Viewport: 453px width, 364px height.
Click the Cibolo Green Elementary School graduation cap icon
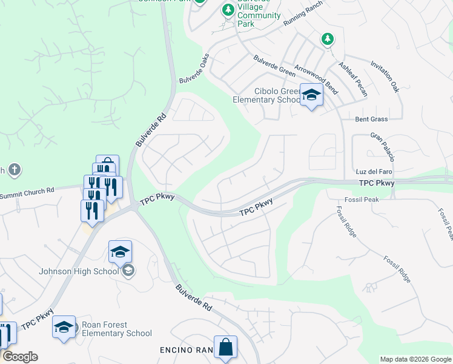point(311,95)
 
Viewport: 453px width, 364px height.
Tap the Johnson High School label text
point(79,271)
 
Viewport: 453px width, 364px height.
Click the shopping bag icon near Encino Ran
point(225,348)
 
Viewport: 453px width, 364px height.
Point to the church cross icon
point(15,170)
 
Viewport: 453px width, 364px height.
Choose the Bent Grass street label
point(371,119)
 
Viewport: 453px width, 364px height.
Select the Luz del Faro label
point(371,172)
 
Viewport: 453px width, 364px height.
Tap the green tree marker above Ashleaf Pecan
point(327,39)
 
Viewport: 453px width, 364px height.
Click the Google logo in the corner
point(20,357)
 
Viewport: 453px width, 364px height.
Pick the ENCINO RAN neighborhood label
point(187,350)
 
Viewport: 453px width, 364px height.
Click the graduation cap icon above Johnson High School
point(120,251)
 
